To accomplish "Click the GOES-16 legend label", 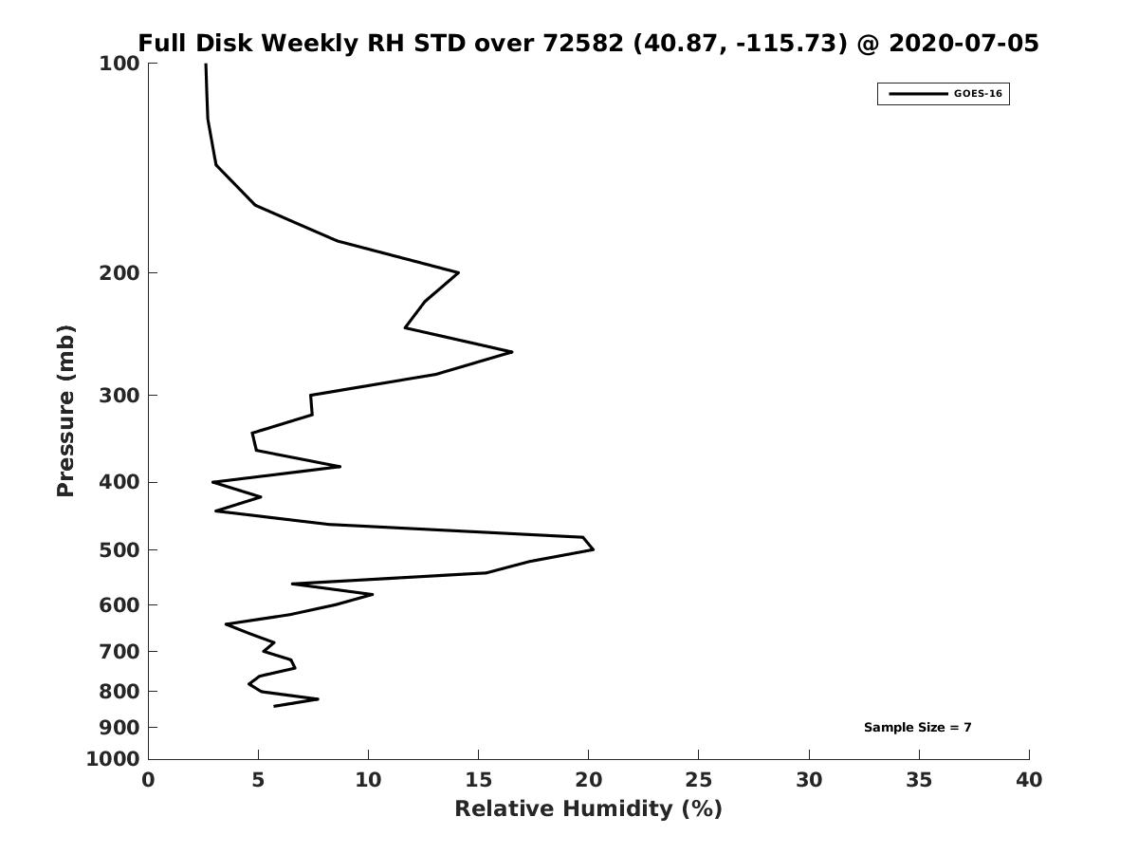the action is (978, 94).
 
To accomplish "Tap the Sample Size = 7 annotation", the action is (917, 728).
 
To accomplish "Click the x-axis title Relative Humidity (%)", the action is (588, 808).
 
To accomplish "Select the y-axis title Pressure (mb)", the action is (65, 411).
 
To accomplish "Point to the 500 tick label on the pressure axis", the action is (119, 550).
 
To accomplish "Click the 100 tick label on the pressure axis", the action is (119, 64).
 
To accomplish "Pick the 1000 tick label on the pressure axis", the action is (113, 759).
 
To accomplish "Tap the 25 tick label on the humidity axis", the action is (698, 780).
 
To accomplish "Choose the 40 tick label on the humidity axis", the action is (1029, 780).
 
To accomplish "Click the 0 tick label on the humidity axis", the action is (148, 780).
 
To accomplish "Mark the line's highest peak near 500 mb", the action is (594, 549).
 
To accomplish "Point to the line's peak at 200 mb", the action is (459, 272).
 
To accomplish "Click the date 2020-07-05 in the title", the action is (964, 43).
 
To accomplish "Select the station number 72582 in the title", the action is (582, 43).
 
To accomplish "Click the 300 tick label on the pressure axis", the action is (119, 396).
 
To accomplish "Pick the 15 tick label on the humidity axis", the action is (478, 780).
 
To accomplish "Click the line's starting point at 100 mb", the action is (206, 65).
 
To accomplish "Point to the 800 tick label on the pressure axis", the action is (119, 692).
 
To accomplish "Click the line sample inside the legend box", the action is (918, 94).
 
